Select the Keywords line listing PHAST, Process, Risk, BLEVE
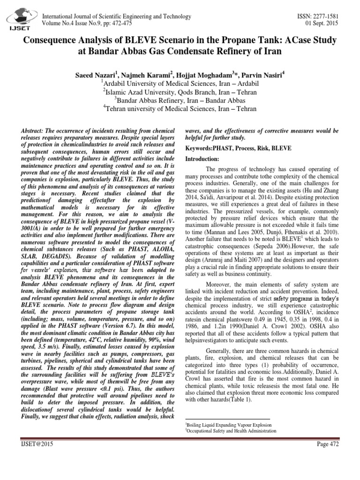tap(238, 148)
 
